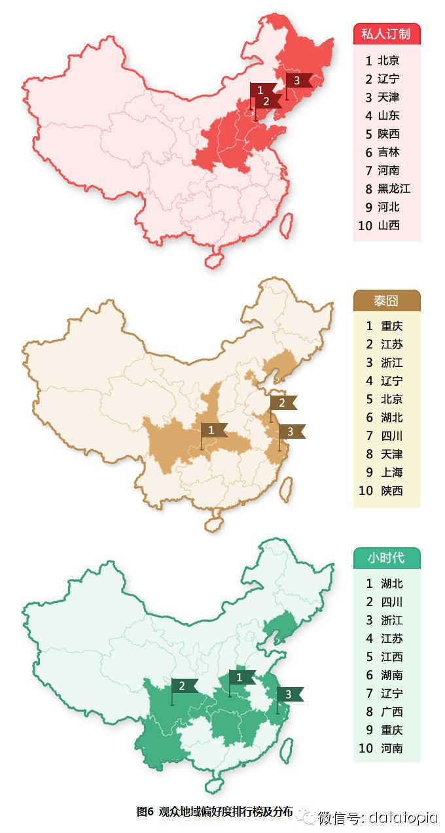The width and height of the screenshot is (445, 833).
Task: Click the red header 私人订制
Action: click(x=386, y=34)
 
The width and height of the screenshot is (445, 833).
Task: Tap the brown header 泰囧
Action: click(x=386, y=301)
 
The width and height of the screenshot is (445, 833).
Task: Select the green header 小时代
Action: click(x=386, y=558)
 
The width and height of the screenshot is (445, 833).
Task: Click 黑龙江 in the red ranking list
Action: click(x=394, y=189)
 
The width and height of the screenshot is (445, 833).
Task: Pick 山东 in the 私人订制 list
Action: click(x=388, y=116)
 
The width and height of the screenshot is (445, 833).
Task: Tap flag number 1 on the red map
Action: click(x=261, y=90)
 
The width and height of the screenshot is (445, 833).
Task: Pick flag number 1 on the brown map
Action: click(x=213, y=430)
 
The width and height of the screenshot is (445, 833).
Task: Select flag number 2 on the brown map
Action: click(x=283, y=403)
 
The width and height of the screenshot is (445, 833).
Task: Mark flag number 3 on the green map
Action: click(x=289, y=694)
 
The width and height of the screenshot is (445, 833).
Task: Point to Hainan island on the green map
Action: click(x=213, y=785)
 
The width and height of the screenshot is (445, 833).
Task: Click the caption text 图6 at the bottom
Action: click(x=145, y=811)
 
